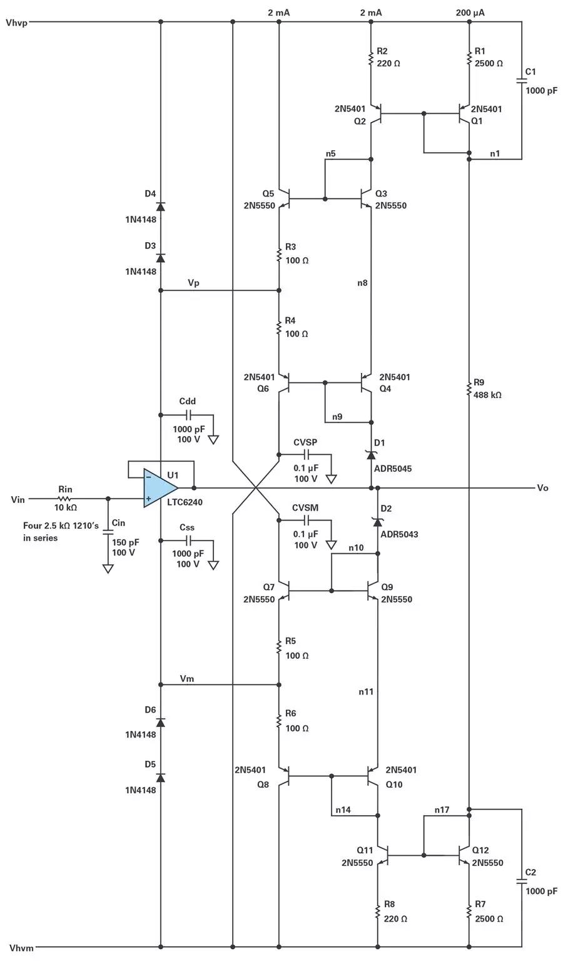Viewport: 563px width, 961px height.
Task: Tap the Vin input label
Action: (x=18, y=499)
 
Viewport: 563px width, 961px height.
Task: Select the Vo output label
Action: (x=542, y=487)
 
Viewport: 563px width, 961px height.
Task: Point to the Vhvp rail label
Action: (x=16, y=23)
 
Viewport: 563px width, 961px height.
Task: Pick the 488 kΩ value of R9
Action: (x=488, y=395)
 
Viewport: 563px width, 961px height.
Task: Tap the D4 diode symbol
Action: (x=161, y=206)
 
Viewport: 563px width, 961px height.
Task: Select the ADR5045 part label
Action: (x=393, y=469)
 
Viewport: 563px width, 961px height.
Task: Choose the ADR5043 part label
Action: (x=399, y=534)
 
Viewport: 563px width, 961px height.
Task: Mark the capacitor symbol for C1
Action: (x=521, y=81)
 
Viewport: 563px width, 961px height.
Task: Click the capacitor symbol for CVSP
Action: (x=307, y=454)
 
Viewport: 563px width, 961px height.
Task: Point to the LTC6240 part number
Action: (x=185, y=502)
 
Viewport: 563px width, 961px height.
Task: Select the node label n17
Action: (x=442, y=810)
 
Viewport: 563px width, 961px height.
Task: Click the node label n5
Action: (x=330, y=153)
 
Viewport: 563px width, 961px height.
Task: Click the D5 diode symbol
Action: (x=161, y=777)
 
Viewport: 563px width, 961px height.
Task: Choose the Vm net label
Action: (x=187, y=678)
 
